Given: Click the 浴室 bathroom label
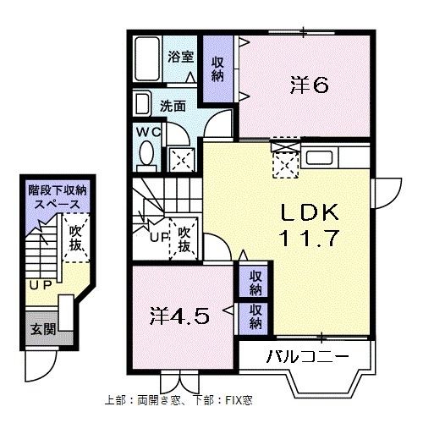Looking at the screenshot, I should tap(180, 58).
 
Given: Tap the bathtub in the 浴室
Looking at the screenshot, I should tap(149, 59).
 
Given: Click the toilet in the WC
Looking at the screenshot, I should tap(147, 154).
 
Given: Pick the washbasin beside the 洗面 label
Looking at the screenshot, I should tap(141, 105).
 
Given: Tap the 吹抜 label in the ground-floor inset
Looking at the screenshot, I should tap(77, 237).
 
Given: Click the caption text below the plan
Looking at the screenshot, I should tap(179, 399).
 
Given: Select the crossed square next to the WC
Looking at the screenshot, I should tap(180, 157).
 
